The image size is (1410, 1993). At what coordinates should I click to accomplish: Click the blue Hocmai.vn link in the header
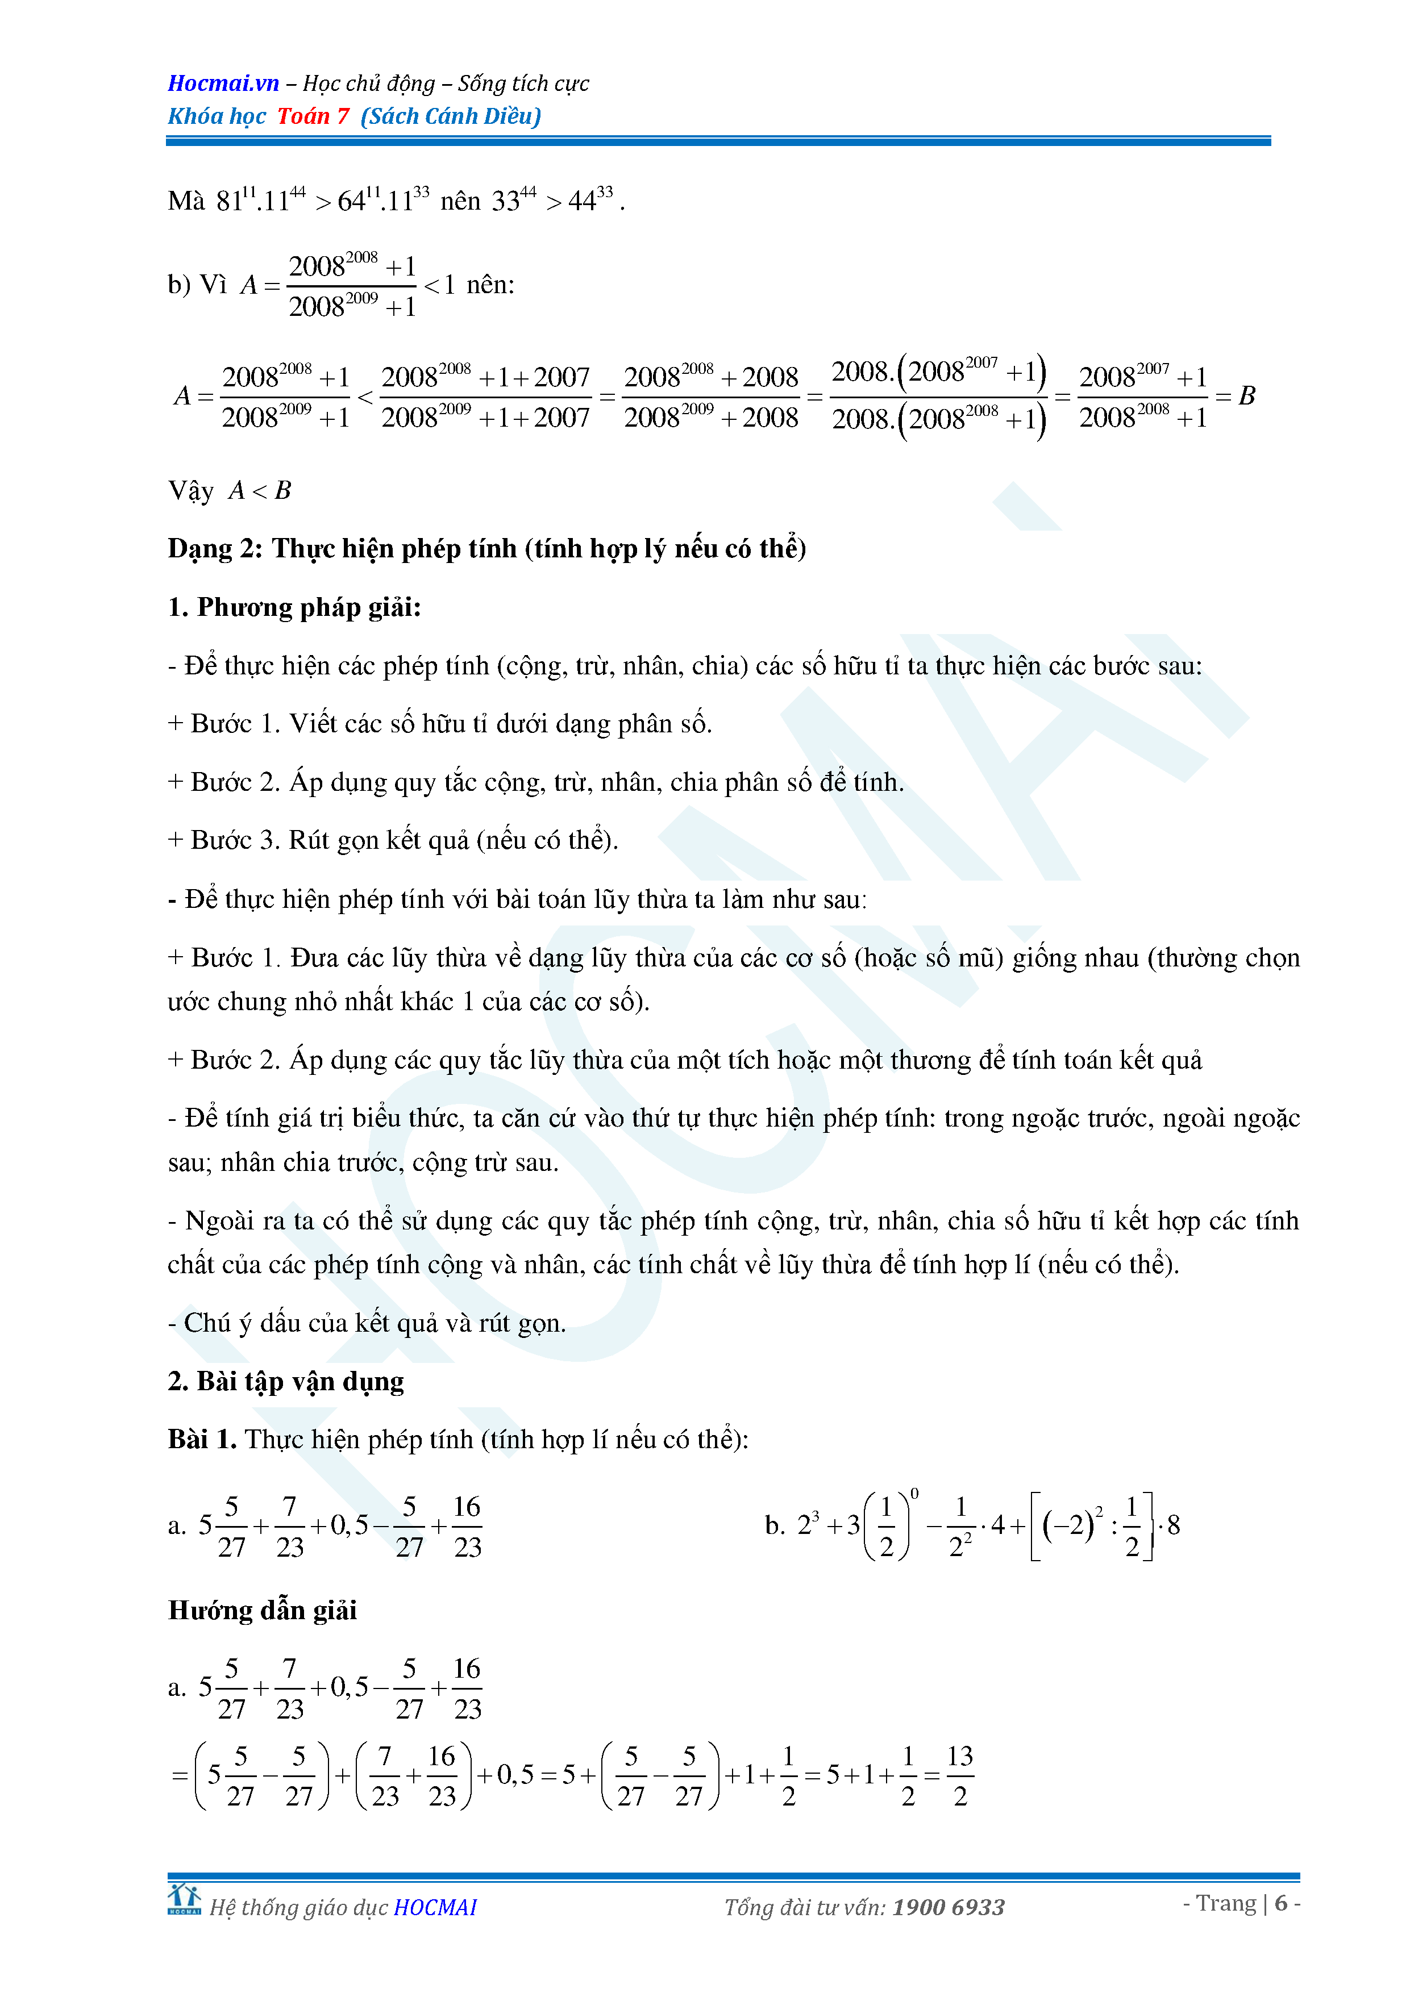click(223, 84)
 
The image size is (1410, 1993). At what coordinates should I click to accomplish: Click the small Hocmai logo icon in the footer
click(184, 1899)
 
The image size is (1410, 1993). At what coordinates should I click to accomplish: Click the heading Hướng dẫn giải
click(262, 1610)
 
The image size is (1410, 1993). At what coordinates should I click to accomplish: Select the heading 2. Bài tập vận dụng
click(286, 1381)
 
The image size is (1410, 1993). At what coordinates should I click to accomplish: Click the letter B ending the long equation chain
click(1247, 396)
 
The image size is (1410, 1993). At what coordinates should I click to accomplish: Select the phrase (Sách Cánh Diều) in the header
click(451, 116)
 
